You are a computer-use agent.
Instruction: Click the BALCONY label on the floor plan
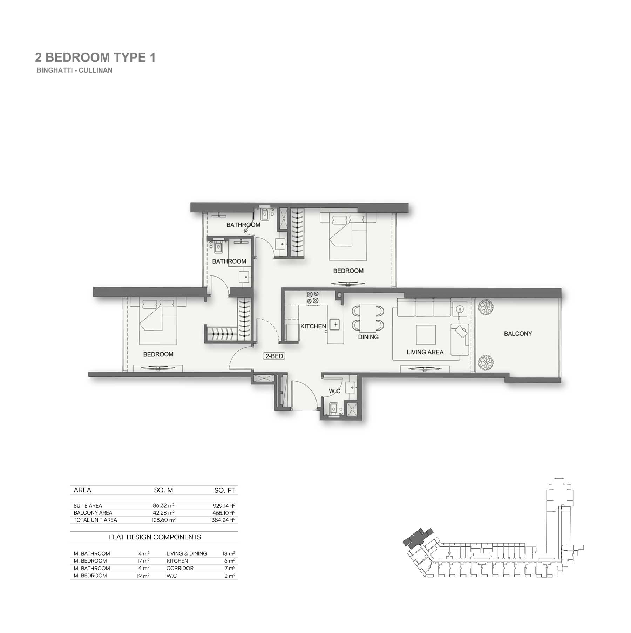pos(518,334)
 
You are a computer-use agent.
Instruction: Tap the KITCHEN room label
pos(313,326)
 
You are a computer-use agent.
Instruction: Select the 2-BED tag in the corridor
pos(274,356)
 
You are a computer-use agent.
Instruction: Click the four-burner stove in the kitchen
pos(313,297)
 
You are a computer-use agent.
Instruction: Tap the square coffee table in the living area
pos(426,335)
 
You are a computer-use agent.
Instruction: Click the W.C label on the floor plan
pos(334,391)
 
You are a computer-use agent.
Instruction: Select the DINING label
pos(368,337)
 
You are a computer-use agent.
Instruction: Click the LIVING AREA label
pos(425,352)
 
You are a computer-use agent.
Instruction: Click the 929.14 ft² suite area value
pos(224,505)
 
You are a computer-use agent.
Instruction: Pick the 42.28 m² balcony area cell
pos(163,512)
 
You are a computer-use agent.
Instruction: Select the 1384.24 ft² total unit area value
pos(223,520)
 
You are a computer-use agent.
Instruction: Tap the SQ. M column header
pos(163,490)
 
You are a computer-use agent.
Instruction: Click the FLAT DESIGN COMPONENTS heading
pos(155,537)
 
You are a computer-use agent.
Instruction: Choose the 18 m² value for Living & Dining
pos(229,553)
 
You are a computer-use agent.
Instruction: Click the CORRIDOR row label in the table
pos(180,568)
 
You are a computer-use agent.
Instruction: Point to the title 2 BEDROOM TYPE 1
pos(95,57)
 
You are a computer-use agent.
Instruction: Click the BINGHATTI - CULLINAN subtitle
pos(75,70)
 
